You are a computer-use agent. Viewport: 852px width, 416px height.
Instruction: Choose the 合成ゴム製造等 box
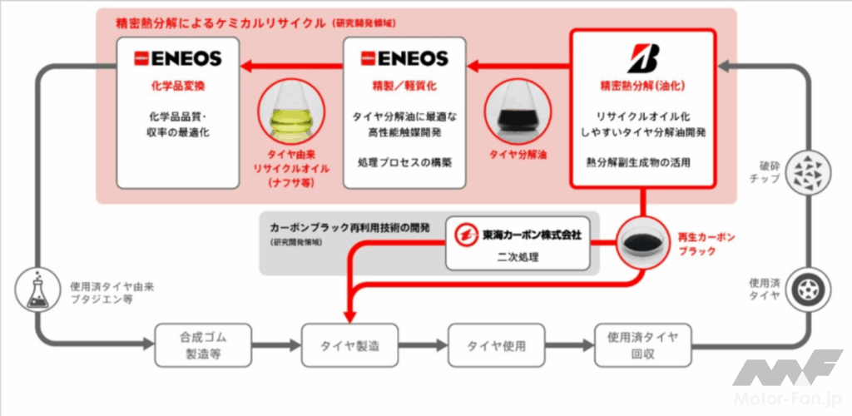pos(203,345)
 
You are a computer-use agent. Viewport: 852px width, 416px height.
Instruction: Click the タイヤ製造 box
pos(351,345)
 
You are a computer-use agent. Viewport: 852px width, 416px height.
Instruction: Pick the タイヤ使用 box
pos(498,345)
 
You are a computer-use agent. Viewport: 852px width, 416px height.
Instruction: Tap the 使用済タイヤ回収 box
pos(642,345)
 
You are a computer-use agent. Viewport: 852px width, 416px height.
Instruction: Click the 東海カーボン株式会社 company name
pos(532,234)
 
